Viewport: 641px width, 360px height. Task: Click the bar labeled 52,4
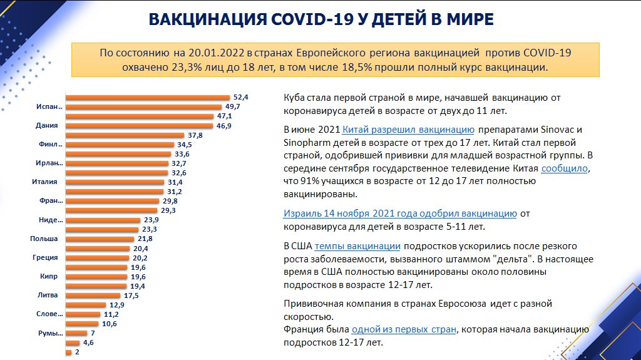[x=148, y=98]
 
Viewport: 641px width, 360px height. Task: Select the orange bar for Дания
[x=140, y=126]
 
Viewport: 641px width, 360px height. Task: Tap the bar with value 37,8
[x=125, y=135]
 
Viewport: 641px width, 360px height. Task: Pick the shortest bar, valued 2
[x=69, y=352]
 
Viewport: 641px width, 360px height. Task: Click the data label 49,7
[x=233, y=107]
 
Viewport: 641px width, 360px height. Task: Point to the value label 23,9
[x=151, y=220]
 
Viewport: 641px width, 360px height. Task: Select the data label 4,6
[x=88, y=343]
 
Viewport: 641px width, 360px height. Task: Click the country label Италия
[x=44, y=182]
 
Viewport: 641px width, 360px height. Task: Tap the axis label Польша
[x=44, y=239]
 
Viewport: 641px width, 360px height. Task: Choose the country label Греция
[x=45, y=258]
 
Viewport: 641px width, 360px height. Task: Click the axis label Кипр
[x=49, y=277]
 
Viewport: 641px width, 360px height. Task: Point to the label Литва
[x=48, y=295]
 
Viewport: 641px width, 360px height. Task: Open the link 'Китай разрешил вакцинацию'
[x=408, y=130]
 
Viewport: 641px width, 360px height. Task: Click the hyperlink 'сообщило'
[x=565, y=168]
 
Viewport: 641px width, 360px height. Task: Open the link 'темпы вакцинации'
[x=357, y=246]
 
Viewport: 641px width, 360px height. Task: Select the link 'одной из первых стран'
[x=404, y=329]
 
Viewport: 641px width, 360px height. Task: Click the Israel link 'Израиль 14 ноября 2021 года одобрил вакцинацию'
[x=400, y=213]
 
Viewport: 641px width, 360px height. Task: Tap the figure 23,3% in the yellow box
[x=187, y=67]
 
